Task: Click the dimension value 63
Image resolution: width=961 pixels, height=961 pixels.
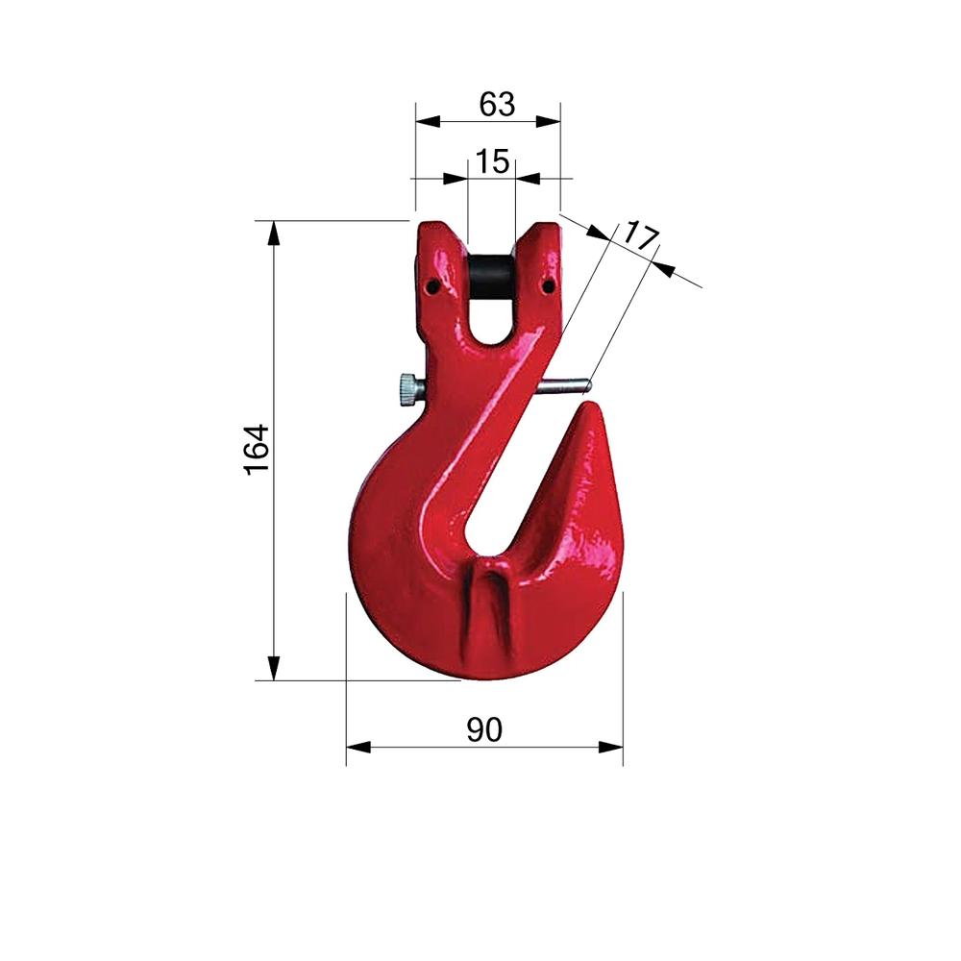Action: [497, 105]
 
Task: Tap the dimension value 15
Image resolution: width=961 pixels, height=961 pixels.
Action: [492, 161]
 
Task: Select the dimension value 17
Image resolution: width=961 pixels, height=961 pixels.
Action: [640, 236]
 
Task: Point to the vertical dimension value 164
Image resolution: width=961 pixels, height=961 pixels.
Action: [258, 449]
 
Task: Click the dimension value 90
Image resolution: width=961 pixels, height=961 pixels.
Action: [484, 729]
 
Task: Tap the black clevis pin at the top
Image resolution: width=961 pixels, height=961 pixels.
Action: [491, 277]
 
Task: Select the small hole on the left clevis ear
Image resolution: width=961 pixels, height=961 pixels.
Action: [433, 285]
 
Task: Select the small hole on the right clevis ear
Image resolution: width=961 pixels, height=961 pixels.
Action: [550, 285]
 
